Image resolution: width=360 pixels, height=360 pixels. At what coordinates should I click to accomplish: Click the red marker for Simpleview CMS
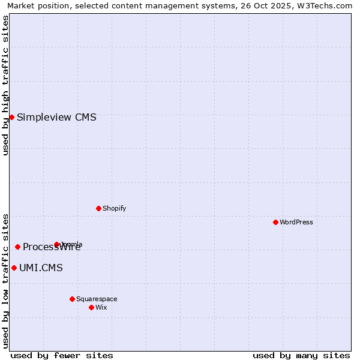11,117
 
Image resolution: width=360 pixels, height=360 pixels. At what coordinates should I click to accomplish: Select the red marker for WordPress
275,222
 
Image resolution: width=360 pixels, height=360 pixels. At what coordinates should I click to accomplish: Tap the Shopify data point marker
98,208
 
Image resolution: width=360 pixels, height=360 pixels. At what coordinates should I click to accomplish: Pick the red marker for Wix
91,307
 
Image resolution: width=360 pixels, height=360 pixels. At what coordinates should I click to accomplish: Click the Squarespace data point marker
72,299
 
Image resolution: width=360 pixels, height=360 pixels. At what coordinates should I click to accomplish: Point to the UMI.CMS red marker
14,268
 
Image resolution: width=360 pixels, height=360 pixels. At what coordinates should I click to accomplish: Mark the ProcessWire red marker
17,247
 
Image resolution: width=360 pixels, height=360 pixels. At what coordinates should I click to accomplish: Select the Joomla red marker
56,244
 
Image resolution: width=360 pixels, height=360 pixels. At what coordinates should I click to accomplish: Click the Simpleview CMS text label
56,117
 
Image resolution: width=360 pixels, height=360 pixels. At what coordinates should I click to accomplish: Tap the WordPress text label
296,222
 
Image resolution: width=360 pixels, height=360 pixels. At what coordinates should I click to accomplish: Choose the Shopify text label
114,208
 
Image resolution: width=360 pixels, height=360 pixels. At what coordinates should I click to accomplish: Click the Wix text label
101,307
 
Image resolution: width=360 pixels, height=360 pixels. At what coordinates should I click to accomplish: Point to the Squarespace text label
97,299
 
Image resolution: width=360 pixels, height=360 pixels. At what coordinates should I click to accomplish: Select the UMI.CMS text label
41,268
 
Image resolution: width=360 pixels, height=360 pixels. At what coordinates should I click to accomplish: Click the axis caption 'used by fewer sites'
62,355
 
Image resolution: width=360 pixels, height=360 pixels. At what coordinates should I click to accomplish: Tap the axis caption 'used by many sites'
301,355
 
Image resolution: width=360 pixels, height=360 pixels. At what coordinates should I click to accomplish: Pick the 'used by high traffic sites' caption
5,85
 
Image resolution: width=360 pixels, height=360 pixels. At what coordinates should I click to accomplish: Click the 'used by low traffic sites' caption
5,280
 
